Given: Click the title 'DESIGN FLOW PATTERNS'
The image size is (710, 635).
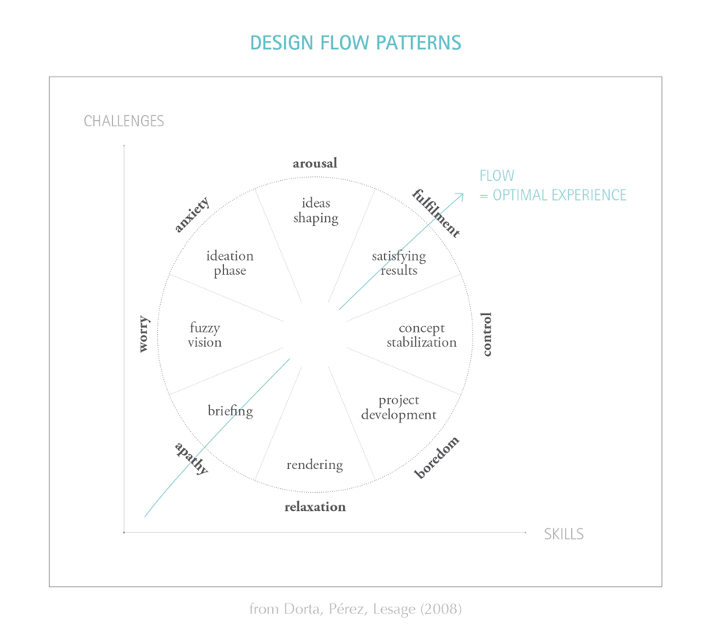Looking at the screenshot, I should coord(355,43).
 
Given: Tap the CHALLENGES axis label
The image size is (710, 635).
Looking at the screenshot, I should coord(124,121).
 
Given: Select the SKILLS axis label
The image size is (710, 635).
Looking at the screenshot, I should coord(563,535).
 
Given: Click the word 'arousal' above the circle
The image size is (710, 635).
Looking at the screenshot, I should coord(315,163).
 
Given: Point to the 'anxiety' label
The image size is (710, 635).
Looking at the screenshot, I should coord(192,215).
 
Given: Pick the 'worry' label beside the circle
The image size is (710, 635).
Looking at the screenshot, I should coord(144,334).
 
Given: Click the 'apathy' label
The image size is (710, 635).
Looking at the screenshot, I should coord(191,458).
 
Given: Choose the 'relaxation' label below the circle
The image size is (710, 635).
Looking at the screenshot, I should coord(315,507).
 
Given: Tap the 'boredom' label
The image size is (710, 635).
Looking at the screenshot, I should coord(437,457).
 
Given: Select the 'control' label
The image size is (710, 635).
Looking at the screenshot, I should coord(487,334).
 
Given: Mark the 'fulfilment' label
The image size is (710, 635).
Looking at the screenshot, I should coord(435,213).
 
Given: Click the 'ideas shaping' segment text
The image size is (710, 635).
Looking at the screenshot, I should coord(316,211).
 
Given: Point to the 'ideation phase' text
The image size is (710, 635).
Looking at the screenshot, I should coord(230,263).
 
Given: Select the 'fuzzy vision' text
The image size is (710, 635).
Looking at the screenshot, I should coord(204,335).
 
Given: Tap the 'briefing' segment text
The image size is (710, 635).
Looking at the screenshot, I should coord(230,411).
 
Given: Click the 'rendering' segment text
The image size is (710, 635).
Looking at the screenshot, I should coord(315,464).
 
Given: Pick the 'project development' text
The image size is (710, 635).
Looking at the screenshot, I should coord(398,408).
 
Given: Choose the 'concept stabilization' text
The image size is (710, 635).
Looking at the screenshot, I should coord(421,335).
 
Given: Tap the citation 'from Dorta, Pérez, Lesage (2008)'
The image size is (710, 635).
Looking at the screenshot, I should coord(355,609).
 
